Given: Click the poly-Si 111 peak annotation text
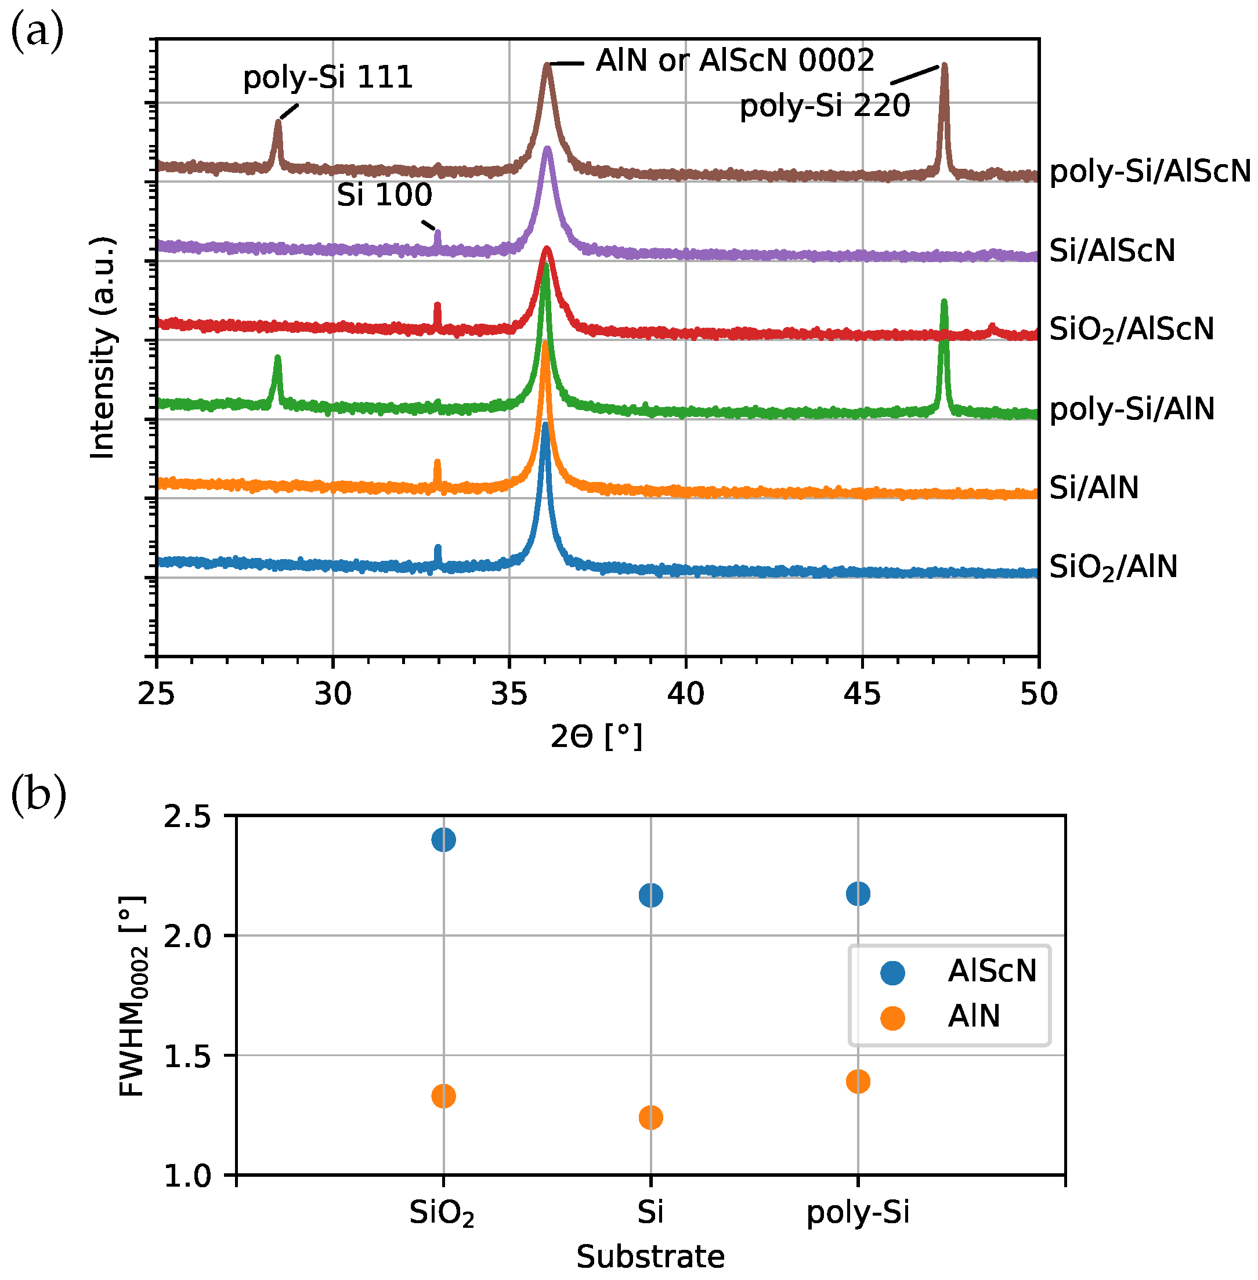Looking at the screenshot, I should tap(328, 78).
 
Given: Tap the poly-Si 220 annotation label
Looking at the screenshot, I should tap(825, 106).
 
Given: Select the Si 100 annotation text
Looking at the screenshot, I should tap(385, 195).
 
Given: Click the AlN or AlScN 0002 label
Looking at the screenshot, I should tap(735, 61).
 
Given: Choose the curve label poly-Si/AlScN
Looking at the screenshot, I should tap(1150, 172).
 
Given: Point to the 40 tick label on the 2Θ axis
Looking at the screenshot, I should tap(686, 694).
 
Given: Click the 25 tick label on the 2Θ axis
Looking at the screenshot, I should tap(157, 694).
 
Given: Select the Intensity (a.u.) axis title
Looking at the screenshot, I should tap(102, 347).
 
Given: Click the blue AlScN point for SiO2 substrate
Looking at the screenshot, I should tap(443, 840).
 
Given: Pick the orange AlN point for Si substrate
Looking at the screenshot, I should tap(651, 1118).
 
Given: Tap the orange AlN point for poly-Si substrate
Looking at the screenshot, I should tap(858, 1082).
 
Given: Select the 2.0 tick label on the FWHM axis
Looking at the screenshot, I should tap(187, 937).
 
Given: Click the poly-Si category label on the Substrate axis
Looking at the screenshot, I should tap(858, 1213).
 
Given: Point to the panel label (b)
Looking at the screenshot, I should tap(38, 796).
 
